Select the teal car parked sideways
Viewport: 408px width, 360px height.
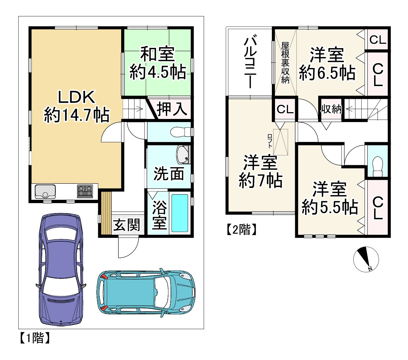pos(146,292)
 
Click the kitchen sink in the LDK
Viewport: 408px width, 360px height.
pos(45,191)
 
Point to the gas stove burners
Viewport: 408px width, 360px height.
pos(85,191)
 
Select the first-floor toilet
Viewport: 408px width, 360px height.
pos(180,132)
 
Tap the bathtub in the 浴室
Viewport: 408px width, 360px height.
pos(180,213)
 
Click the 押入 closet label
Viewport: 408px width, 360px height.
pos(172,109)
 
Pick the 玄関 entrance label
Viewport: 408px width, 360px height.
pos(126,225)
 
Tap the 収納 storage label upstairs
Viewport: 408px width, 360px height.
pos(331,109)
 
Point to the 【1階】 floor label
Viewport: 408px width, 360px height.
pos(34,338)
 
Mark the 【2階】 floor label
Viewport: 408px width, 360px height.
pos(241,230)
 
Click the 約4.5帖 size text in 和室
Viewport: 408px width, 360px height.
pos(158,72)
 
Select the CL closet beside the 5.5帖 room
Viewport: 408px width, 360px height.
pos(378,207)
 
